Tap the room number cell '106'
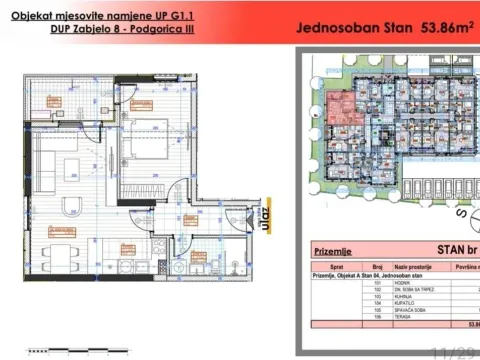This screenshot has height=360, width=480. click(378, 319)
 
